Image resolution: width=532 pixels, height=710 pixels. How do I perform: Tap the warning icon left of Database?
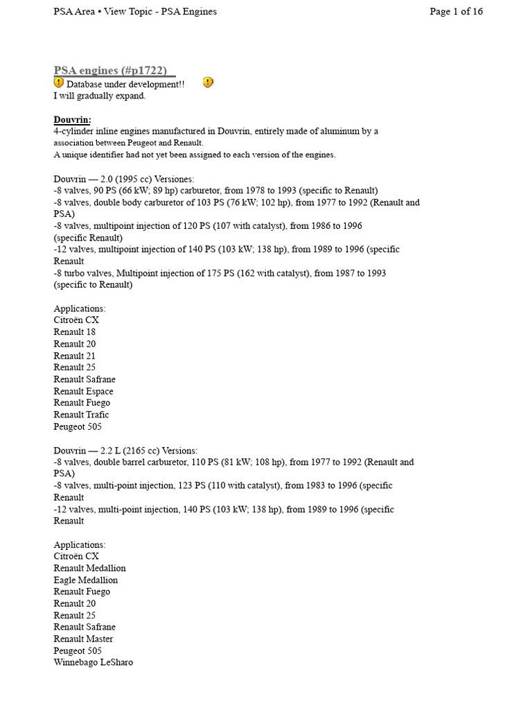click(59, 83)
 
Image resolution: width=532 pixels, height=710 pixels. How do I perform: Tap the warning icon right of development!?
click(208, 83)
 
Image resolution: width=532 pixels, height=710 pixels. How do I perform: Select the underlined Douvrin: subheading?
click(72, 119)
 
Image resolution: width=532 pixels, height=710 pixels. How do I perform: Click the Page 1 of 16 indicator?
click(456, 11)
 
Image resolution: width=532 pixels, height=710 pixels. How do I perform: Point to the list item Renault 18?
click(75, 332)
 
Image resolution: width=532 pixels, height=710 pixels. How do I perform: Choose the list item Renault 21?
click(75, 356)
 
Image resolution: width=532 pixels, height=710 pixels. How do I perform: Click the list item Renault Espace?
click(83, 391)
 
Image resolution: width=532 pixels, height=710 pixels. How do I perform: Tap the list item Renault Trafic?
click(81, 415)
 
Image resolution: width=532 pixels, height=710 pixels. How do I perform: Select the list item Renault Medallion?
click(89, 568)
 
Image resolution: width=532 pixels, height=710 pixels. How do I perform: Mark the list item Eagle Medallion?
click(85, 580)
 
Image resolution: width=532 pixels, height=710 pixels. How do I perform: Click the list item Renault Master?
click(83, 639)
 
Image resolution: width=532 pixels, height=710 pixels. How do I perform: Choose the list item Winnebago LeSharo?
click(93, 662)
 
